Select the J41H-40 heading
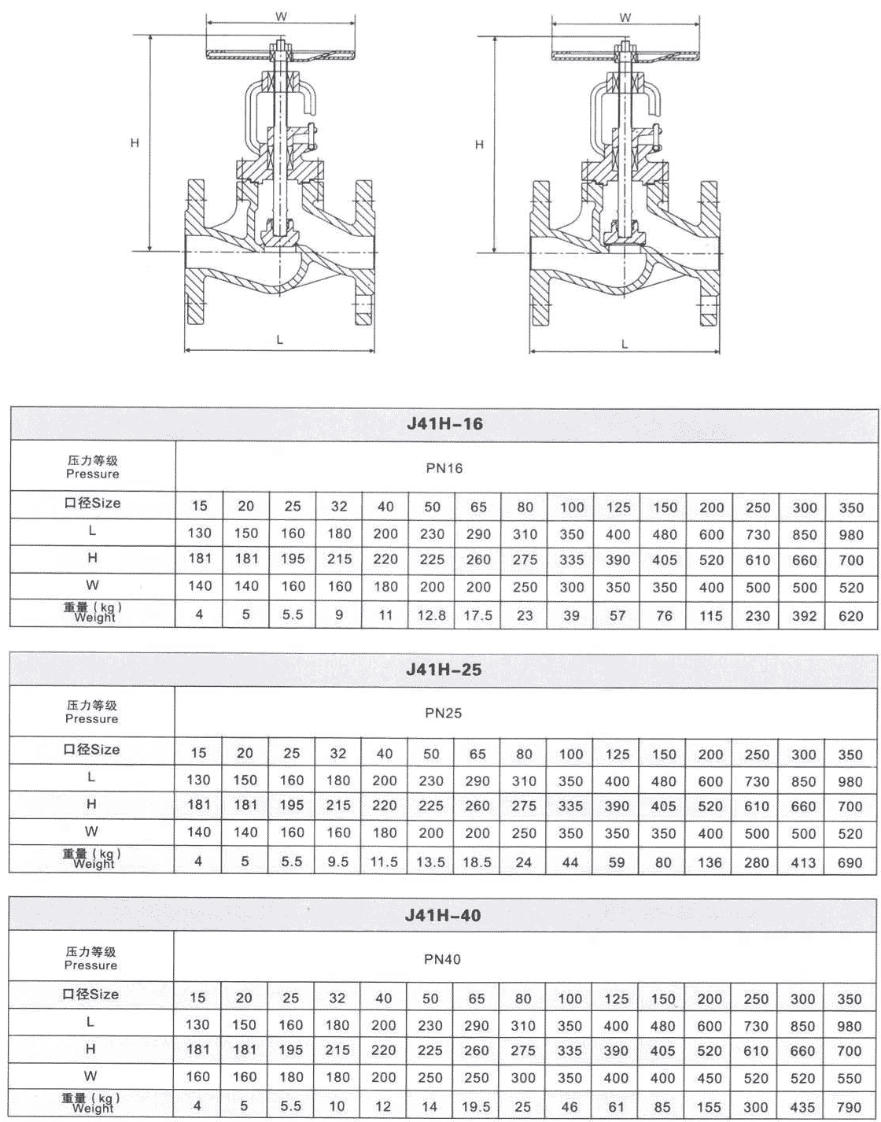click(x=443, y=915)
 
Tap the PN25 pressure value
click(x=443, y=714)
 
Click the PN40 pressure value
click(x=443, y=959)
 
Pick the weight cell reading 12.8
click(x=431, y=615)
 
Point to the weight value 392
click(x=804, y=615)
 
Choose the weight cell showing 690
click(x=850, y=862)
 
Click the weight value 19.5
click(x=477, y=1106)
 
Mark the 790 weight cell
click(x=850, y=1106)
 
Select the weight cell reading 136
click(x=710, y=862)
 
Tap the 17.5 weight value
click(x=477, y=615)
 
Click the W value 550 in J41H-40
click(x=850, y=1078)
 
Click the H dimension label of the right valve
click(x=480, y=145)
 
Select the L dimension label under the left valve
click(x=280, y=338)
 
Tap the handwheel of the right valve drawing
click(x=625, y=55)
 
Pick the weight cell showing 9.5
click(x=337, y=862)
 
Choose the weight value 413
click(x=803, y=862)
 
